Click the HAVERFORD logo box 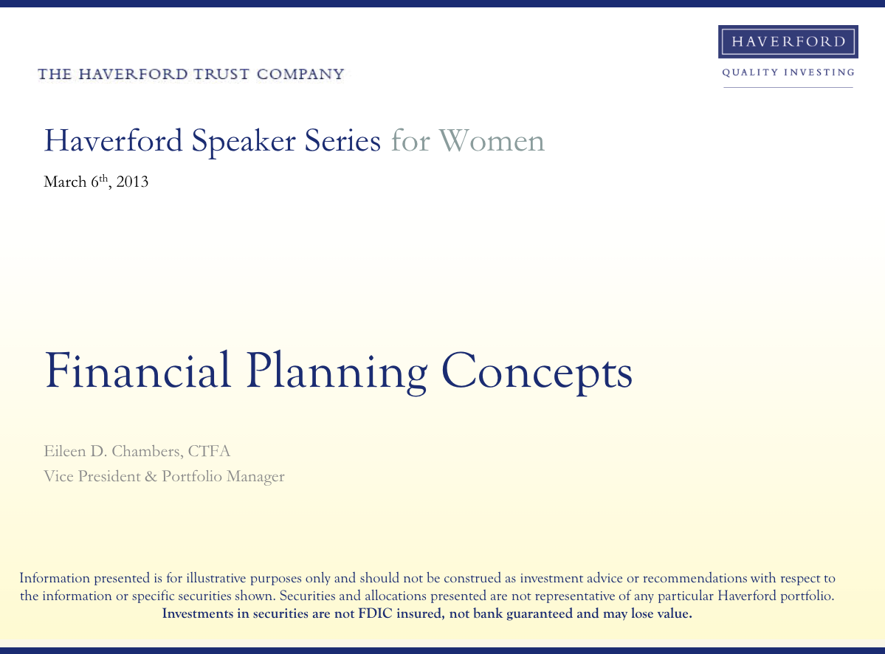point(788,41)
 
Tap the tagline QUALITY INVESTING point(788,72)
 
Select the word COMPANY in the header point(300,74)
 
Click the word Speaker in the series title point(244,141)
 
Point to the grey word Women point(492,140)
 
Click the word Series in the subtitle point(342,140)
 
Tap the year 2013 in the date point(132,182)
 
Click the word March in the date point(65,182)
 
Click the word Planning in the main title point(337,373)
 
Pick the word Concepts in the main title point(537,373)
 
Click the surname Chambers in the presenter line point(147,452)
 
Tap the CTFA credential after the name point(209,452)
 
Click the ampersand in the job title point(151,476)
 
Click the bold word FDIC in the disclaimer point(375,613)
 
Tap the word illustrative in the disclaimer point(216,578)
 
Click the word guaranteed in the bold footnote point(539,614)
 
